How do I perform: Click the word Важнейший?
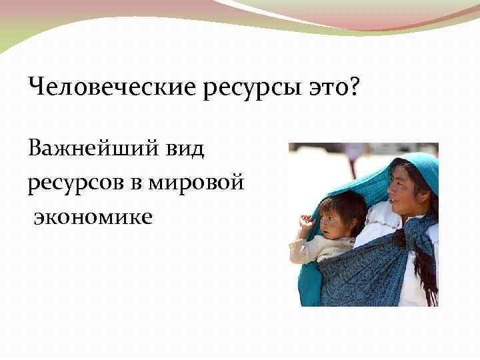point(89,149)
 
